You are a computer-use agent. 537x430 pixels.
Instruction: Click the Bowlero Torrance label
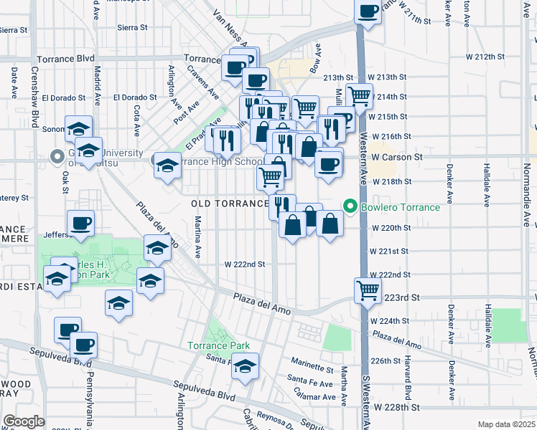pos(401,208)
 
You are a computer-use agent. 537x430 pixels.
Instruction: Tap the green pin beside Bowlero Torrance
pos(351,208)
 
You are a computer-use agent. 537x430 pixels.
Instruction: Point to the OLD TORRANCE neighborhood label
pos(230,204)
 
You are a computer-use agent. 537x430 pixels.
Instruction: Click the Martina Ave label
pos(197,240)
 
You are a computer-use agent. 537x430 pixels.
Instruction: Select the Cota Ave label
pos(136,120)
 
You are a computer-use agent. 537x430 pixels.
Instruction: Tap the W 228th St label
pos(394,407)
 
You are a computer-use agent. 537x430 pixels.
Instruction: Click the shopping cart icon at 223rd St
pos(368,290)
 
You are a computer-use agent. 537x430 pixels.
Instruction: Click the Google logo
pos(23,421)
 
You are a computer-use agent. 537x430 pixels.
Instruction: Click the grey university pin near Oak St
pos(57,156)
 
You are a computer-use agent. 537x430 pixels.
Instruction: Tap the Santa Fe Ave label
pos(311,378)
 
